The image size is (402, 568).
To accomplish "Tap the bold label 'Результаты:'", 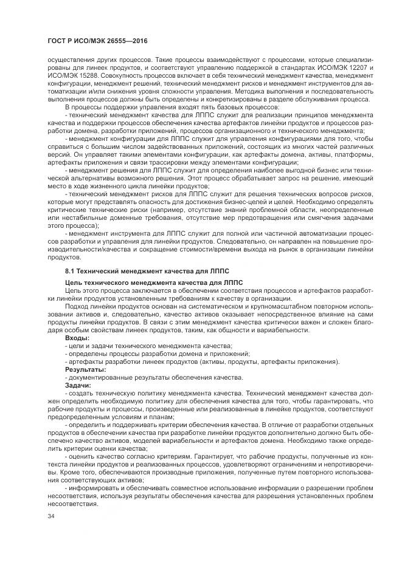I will (86, 369).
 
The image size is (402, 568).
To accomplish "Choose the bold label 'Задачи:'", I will (78, 385).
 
